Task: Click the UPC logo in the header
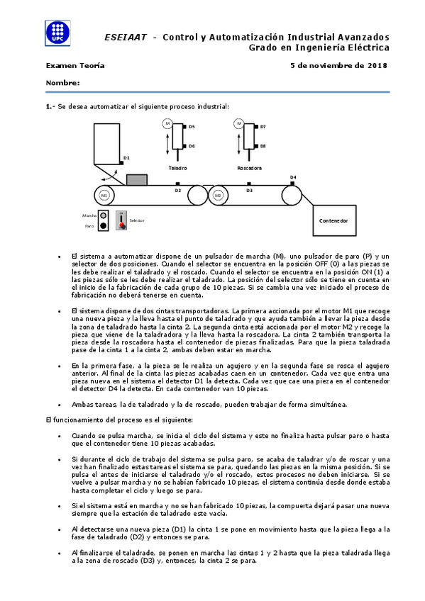click(x=58, y=32)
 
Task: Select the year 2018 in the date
click(x=376, y=65)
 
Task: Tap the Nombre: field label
click(x=62, y=83)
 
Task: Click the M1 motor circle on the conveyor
click(x=104, y=194)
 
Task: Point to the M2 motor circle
click(x=218, y=194)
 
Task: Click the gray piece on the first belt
click(x=136, y=180)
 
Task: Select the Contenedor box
click(x=333, y=221)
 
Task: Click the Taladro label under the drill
click(x=177, y=168)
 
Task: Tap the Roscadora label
click(x=249, y=168)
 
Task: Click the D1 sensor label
click(x=126, y=158)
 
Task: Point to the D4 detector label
click(x=293, y=176)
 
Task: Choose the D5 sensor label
click(x=192, y=126)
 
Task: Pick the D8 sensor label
click(x=263, y=145)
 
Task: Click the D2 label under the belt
click(x=177, y=191)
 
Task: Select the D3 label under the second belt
click(x=249, y=191)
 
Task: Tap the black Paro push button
click(x=104, y=226)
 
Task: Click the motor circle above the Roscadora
click(x=239, y=123)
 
